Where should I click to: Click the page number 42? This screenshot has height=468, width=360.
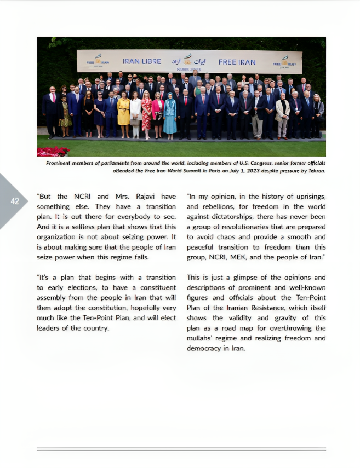pyautogui.click(x=15, y=201)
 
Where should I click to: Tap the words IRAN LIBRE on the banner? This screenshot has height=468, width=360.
pyautogui.click(x=141, y=62)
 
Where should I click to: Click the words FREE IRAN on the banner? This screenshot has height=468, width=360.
pyautogui.click(x=237, y=62)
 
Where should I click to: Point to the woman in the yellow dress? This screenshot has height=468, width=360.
pyautogui.click(x=124, y=112)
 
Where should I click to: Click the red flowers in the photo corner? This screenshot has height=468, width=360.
pyautogui.click(x=53, y=151)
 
